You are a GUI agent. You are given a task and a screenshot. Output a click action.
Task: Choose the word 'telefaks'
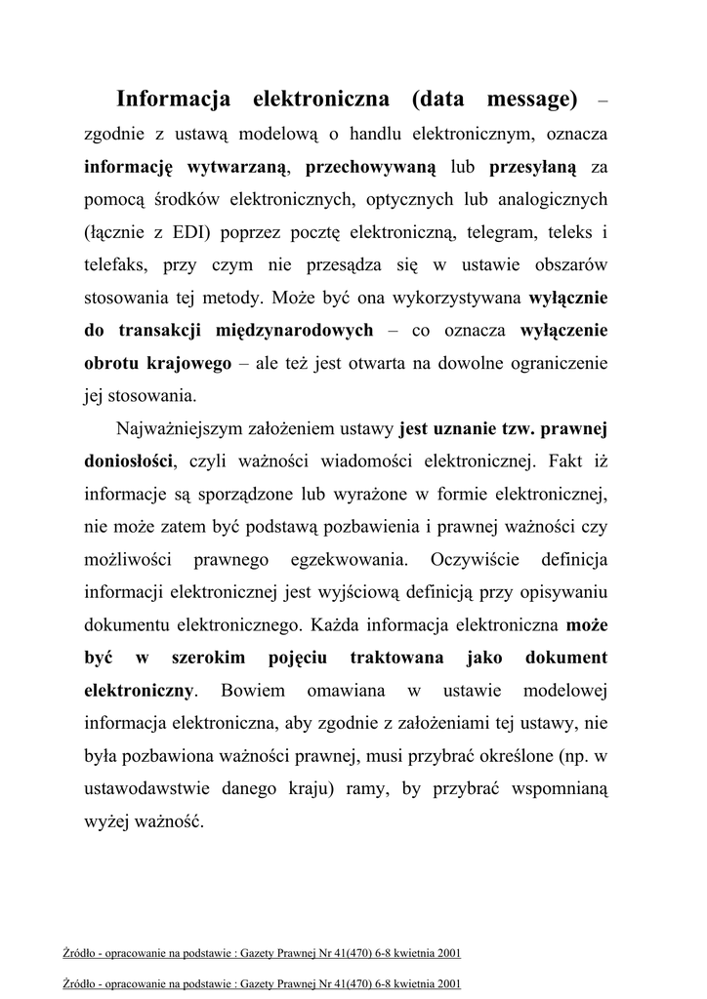click(113, 265)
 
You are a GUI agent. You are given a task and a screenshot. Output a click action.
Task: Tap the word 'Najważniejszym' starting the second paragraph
click(181, 428)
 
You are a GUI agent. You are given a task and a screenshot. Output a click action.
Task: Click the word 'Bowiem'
click(252, 691)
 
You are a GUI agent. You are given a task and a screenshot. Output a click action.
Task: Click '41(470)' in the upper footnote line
click(349, 953)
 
